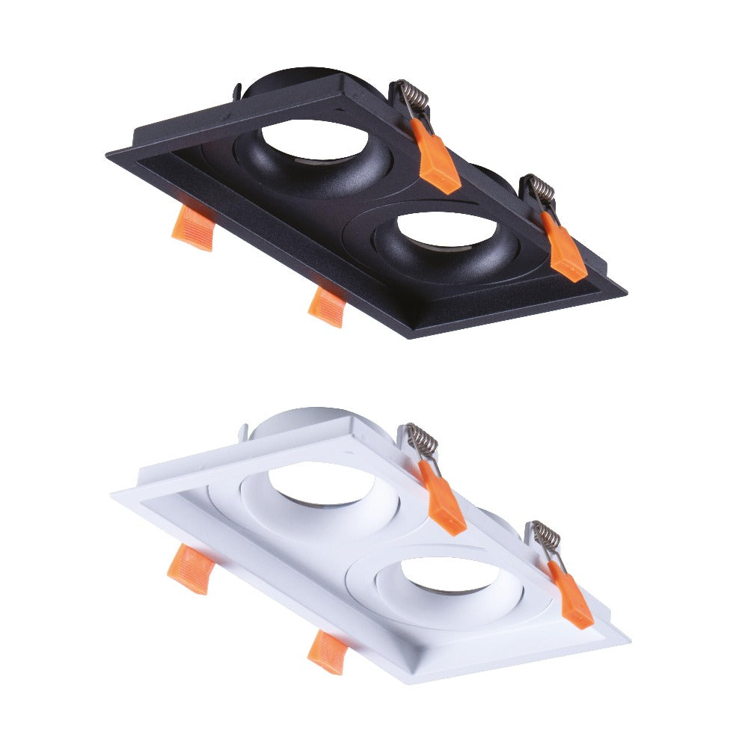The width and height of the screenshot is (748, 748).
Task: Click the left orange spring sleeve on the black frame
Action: point(438,161)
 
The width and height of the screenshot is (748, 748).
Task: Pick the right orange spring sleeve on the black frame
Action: point(565,251)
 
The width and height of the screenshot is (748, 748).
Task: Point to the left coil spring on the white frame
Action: point(423,441)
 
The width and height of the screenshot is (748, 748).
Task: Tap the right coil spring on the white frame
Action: point(547,536)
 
